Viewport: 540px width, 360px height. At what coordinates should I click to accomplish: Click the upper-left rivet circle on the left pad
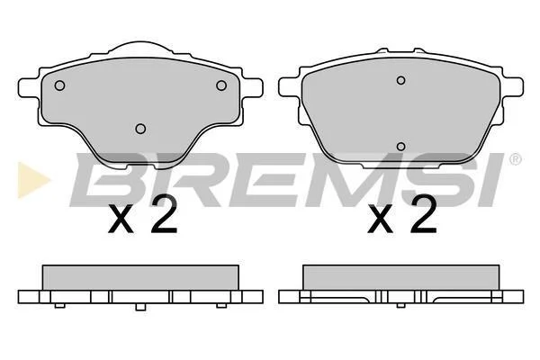(59, 85)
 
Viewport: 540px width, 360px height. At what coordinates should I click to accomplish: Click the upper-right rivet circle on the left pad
(221, 85)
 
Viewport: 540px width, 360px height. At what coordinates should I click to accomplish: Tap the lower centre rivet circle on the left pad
(140, 129)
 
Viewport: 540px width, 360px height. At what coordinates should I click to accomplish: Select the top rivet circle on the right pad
(400, 80)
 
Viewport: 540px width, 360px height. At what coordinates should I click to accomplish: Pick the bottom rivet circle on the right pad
(400, 147)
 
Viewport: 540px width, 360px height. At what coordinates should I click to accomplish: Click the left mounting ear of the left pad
(28, 87)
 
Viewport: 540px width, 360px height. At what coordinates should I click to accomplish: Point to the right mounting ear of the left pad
(253, 87)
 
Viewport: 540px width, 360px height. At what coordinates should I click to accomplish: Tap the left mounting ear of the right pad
(289, 86)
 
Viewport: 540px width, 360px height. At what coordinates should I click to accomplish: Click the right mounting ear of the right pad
(513, 86)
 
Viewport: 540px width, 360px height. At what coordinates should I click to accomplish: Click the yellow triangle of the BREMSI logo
(31, 180)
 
